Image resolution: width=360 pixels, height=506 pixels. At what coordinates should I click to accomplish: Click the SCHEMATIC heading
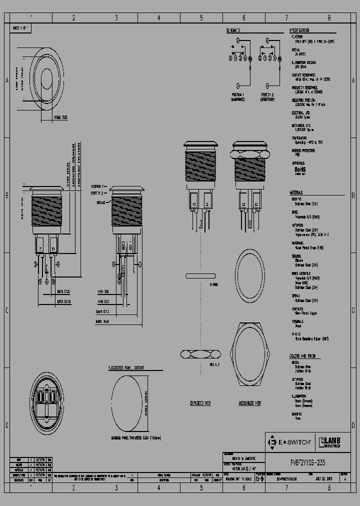coord(233,30)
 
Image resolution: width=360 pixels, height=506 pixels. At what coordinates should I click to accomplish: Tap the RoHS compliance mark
coord(300,170)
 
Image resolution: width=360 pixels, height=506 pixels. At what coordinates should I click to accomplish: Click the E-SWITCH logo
coord(290,442)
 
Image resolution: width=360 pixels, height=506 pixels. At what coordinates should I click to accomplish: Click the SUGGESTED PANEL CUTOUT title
coord(126,367)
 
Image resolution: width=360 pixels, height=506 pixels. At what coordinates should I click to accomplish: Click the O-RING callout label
coord(214,284)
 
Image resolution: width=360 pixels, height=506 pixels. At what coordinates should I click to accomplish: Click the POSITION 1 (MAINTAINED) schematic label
coord(237,96)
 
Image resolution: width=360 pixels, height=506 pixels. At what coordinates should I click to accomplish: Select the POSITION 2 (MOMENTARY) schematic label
coord(267,96)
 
